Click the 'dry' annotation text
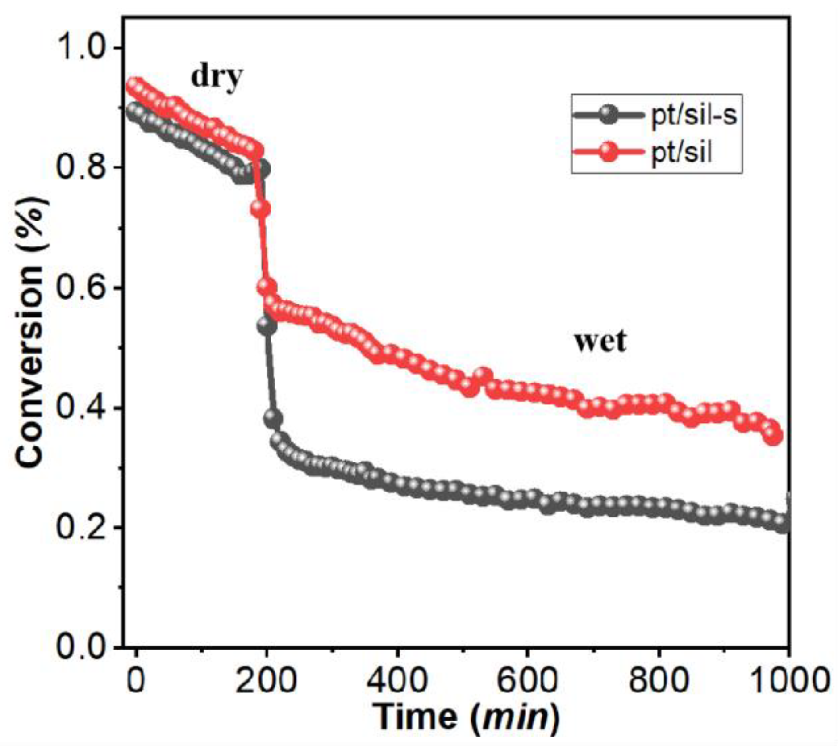coord(217,77)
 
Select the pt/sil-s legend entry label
coord(694,116)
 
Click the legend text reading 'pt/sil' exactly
coord(681,153)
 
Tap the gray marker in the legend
coord(608,115)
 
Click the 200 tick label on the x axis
coord(266,680)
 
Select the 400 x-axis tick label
coord(397,680)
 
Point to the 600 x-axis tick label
coord(527,680)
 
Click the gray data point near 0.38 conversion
coord(273,418)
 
